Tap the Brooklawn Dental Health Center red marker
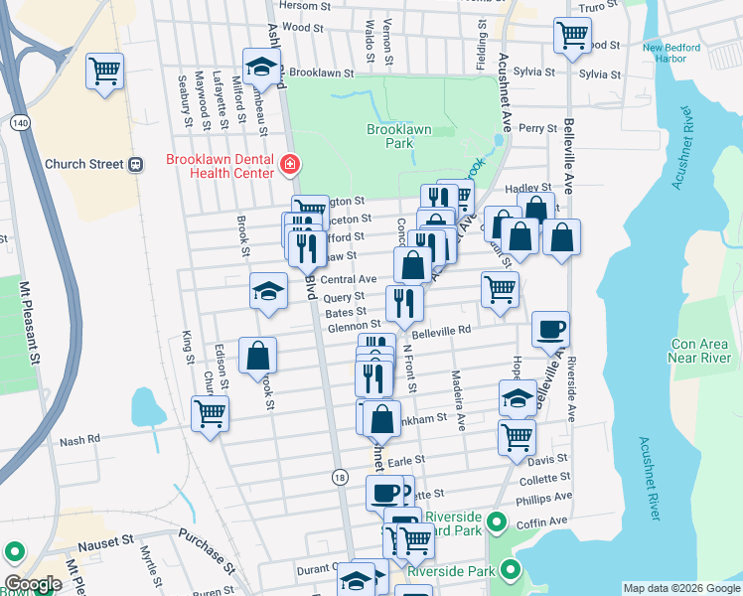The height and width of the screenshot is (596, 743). tap(290, 164)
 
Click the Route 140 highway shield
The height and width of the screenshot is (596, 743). tap(19, 122)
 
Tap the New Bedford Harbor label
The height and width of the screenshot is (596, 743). tap(670, 53)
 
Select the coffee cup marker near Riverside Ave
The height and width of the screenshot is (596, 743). tap(550, 329)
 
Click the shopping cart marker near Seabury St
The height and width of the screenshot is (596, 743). tap(104, 71)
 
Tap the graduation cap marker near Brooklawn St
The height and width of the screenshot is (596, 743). tap(262, 68)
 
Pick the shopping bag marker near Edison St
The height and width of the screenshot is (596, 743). tap(257, 355)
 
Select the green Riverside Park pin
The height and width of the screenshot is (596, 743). tap(511, 569)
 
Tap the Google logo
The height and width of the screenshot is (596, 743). tap(33, 584)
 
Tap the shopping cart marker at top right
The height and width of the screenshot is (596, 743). tap(572, 35)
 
